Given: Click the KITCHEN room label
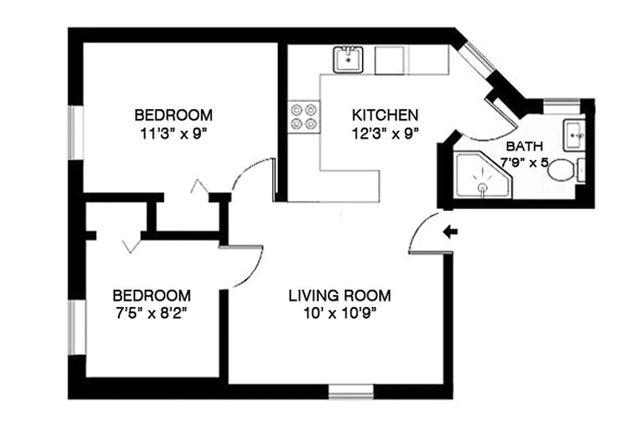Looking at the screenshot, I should click(384, 115).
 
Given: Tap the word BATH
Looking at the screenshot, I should click(525, 146).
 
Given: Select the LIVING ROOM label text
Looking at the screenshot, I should click(339, 295).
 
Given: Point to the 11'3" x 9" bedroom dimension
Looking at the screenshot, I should click(173, 133).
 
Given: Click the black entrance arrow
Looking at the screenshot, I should click(450, 231).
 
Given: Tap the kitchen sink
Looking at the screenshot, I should click(348, 59).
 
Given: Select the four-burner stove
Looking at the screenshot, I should click(304, 117).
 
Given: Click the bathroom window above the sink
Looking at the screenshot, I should click(561, 105).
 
